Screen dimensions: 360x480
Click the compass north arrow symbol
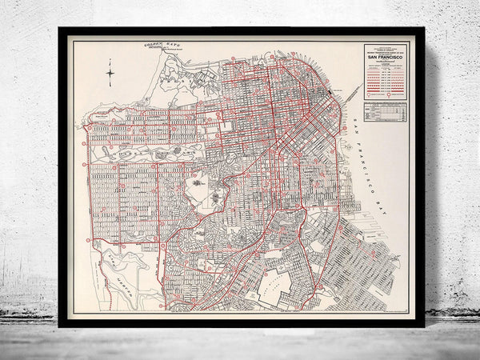tap(110, 77)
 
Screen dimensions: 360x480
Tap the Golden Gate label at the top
tap(157, 47)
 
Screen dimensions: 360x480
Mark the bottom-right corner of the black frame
tap(422, 324)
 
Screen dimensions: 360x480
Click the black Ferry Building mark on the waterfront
tap(323, 94)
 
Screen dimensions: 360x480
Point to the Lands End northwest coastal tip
tap(86, 126)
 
